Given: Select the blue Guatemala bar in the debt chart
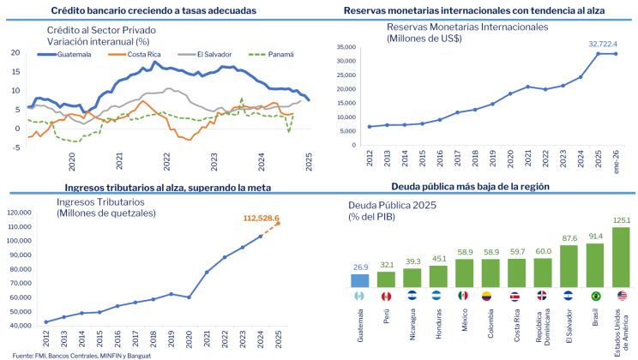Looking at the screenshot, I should [x=362, y=280].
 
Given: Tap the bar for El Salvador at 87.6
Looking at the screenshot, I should [x=568, y=266].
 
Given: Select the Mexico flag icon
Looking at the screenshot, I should [x=465, y=296].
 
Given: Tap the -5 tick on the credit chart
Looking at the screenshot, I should [x=15, y=147].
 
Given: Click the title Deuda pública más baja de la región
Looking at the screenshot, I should [x=470, y=186].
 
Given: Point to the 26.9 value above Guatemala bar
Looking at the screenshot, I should [x=362, y=267].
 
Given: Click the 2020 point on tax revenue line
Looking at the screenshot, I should [x=189, y=297].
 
